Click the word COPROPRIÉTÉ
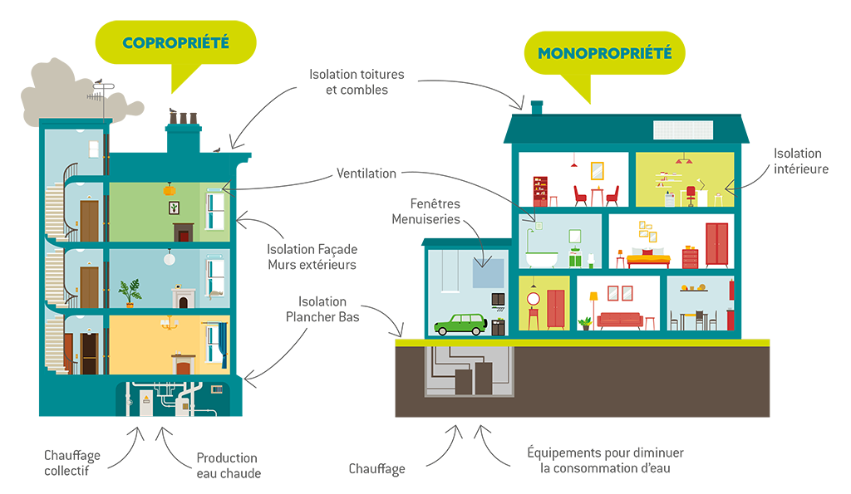175,42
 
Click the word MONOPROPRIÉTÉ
604,54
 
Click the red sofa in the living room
619,320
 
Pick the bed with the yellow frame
647,258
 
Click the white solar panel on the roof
683,130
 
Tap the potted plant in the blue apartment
130,292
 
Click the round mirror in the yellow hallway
533,299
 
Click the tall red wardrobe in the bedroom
716,244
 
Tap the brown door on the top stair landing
89,221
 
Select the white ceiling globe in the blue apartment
170,258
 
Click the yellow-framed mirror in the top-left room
597,171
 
